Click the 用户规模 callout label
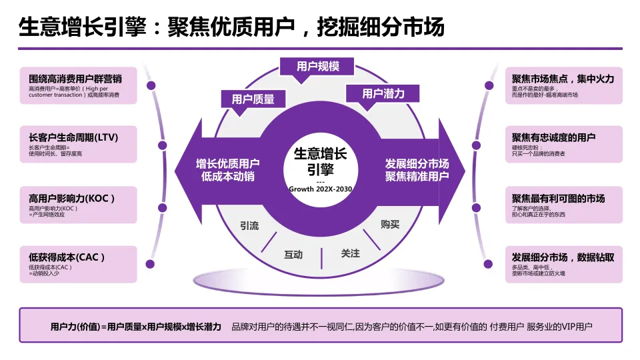(318, 67)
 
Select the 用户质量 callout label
(253, 99)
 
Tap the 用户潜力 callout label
(383, 94)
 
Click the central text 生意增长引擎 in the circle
(321, 161)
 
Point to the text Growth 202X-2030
(321, 189)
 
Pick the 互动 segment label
(293, 255)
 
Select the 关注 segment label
(350, 253)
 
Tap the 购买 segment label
(390, 224)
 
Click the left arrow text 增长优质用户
(228, 164)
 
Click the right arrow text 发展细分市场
(417, 164)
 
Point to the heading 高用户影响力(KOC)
(72, 198)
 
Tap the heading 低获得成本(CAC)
(67, 257)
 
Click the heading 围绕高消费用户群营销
(75, 79)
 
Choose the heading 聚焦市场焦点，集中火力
(563, 79)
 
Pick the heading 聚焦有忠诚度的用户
(553, 138)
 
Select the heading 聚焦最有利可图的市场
(558, 198)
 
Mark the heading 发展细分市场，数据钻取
(563, 257)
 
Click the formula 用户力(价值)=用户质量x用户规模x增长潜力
(135, 327)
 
